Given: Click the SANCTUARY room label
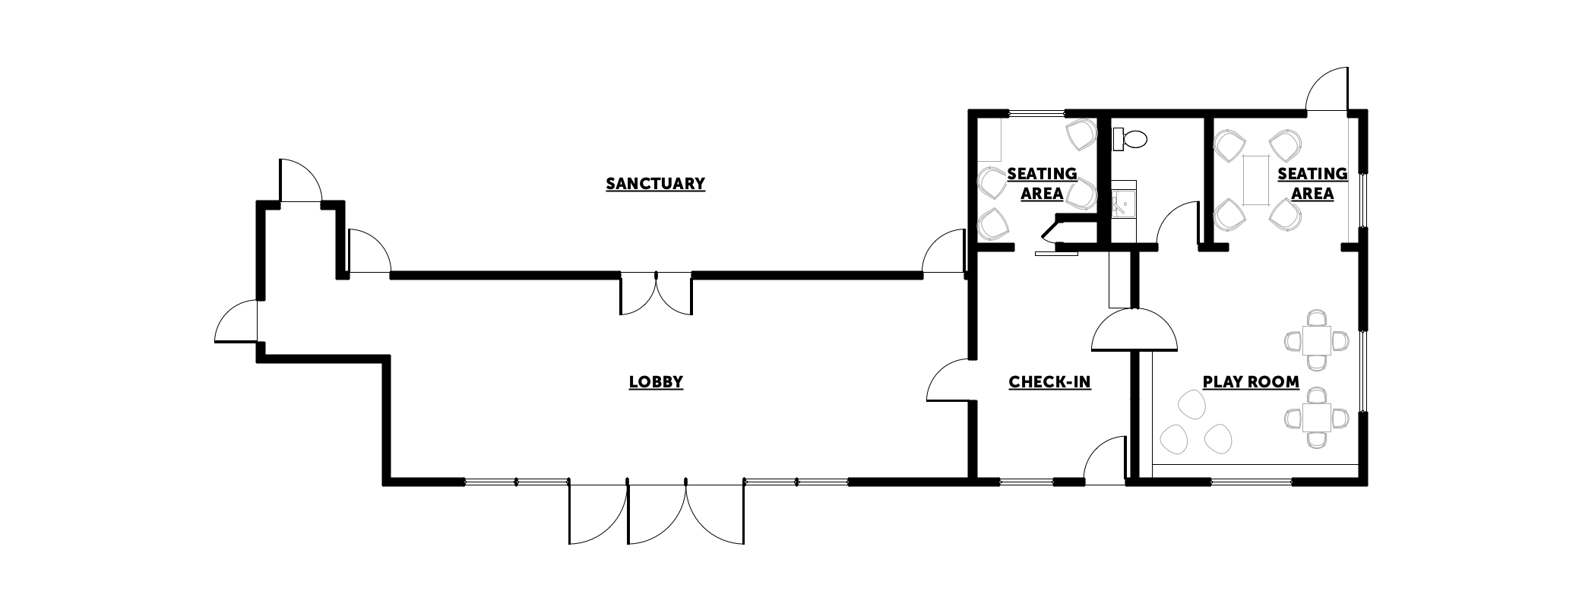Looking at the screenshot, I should click(x=655, y=184).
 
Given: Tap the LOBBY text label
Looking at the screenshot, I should click(x=656, y=382).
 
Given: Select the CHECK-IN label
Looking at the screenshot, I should click(x=1049, y=382).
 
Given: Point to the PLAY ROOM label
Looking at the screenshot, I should click(x=1251, y=382).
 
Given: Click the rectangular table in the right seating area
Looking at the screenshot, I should click(x=1256, y=179).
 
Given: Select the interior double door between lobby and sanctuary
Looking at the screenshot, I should click(x=657, y=294).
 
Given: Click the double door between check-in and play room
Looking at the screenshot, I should click(x=1134, y=330).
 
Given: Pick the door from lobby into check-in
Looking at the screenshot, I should click(x=950, y=380).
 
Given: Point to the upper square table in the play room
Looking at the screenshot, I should click(x=1317, y=340).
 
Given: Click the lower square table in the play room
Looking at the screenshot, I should click(x=1317, y=417).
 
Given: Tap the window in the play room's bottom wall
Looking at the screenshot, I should click(x=1251, y=481).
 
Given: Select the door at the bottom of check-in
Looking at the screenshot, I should click(x=1103, y=460).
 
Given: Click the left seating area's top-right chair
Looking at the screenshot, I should click(x=1081, y=134).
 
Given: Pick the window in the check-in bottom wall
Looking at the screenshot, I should click(x=1025, y=481).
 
